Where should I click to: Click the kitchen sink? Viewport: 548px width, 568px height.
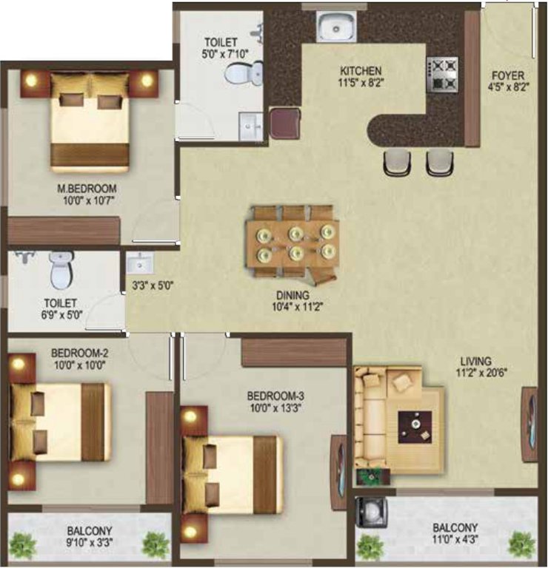336,26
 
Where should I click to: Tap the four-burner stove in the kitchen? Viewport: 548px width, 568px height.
442,75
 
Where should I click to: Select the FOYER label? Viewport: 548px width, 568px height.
508,75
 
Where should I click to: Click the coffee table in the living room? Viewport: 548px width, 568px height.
415,427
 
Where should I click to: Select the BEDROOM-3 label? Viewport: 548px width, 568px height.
275,396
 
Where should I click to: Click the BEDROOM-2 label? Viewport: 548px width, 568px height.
79,353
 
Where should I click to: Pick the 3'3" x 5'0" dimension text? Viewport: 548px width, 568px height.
153,285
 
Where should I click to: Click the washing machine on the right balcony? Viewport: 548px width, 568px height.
371,513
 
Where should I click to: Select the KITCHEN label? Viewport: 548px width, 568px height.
361,71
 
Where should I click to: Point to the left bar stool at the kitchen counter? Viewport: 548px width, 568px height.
398,163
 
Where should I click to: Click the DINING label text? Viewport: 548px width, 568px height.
293,296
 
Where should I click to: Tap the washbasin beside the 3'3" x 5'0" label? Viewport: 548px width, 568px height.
140,263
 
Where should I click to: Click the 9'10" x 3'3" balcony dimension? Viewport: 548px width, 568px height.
89,543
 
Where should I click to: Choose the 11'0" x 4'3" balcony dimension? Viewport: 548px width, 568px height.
455,539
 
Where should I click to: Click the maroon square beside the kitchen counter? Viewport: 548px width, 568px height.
285,123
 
